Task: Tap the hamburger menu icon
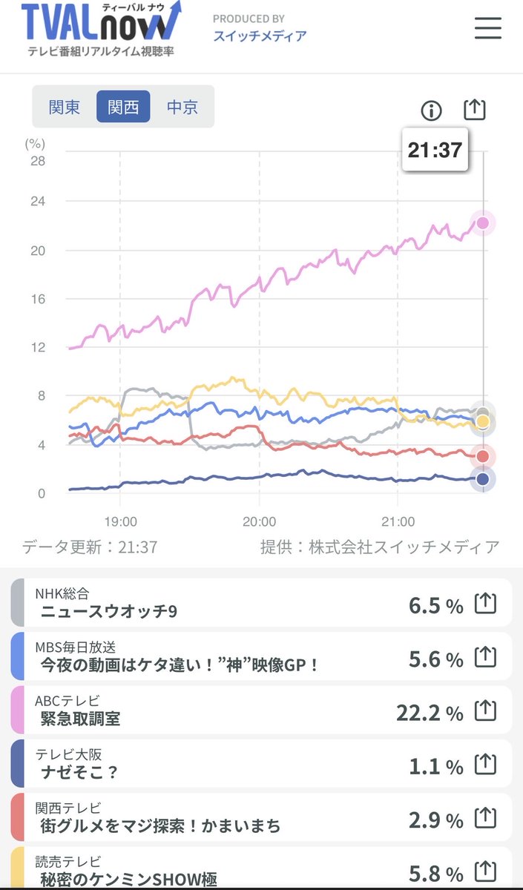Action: point(487,27)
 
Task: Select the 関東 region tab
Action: point(65,107)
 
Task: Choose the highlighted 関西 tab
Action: point(123,107)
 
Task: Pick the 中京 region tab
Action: point(182,107)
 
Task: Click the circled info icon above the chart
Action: point(431,111)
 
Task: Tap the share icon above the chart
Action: point(474,110)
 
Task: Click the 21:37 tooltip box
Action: point(435,150)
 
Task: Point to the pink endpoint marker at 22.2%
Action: point(483,222)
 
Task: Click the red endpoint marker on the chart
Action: point(483,456)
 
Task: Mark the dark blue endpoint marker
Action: point(483,479)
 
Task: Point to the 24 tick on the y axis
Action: point(36,202)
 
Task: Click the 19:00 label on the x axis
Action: point(121,521)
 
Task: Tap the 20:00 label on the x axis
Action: point(259,521)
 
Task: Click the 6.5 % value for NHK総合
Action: point(436,605)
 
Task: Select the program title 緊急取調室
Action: point(81,719)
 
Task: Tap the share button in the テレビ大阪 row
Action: point(484,764)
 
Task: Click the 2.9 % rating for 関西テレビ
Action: point(436,819)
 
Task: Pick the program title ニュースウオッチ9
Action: point(109,612)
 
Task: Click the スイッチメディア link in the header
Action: point(260,36)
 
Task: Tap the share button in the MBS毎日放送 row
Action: point(484,656)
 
